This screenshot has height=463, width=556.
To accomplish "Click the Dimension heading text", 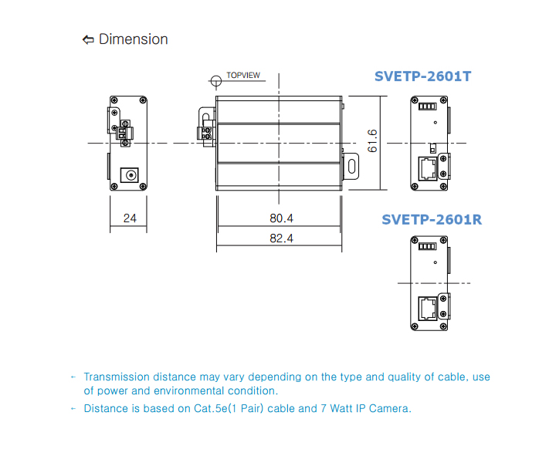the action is pyautogui.click(x=134, y=39).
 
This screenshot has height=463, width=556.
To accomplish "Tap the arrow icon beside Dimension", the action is pyautogui.click(x=88, y=39).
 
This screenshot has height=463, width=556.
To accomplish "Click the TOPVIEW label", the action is pyautogui.click(x=243, y=75).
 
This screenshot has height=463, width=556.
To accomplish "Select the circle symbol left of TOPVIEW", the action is pyautogui.click(x=216, y=81).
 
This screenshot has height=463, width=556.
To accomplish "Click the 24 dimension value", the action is pyautogui.click(x=130, y=218).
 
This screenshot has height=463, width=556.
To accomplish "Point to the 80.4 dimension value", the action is pyautogui.click(x=281, y=218).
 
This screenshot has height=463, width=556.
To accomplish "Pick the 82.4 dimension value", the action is pyautogui.click(x=281, y=238).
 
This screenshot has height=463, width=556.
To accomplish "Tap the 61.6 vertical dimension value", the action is pyautogui.click(x=372, y=140).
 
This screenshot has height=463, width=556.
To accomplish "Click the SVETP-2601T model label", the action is pyautogui.click(x=422, y=76).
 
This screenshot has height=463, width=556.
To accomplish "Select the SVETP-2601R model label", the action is pyautogui.click(x=432, y=220).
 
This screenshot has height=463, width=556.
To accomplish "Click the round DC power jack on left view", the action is pyautogui.click(x=130, y=175).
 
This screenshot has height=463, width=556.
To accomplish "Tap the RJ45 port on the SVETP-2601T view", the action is pyautogui.click(x=428, y=169).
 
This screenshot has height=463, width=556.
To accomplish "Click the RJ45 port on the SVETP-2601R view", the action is pyautogui.click(x=428, y=309).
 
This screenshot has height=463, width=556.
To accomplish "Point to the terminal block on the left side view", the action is pyautogui.click(x=125, y=133).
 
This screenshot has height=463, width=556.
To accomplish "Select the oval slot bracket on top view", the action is pyautogui.click(x=351, y=166).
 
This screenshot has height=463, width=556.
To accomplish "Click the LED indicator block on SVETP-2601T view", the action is pyautogui.click(x=427, y=106).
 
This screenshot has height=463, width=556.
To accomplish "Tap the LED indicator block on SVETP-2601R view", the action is pyautogui.click(x=427, y=246).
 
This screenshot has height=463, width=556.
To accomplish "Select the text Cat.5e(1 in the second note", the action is pyautogui.click(x=215, y=408).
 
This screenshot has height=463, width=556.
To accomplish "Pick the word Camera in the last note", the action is pyautogui.click(x=390, y=408).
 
